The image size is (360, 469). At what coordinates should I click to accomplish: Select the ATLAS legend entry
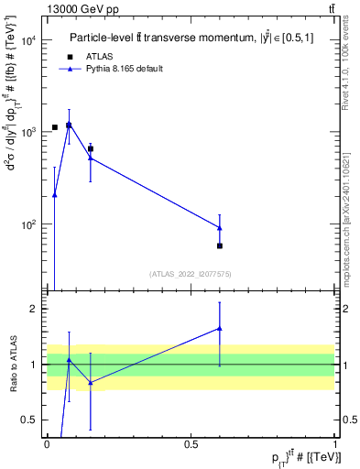102,56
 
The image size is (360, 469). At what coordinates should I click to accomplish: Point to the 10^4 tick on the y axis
31,40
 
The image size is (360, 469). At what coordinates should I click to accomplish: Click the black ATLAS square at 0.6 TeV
220,245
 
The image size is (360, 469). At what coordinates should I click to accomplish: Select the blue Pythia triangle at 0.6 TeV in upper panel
220,227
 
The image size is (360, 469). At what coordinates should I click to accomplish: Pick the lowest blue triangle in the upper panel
55,194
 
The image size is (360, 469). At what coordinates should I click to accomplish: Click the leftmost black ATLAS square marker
55,127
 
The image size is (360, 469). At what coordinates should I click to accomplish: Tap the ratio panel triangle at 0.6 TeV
220,328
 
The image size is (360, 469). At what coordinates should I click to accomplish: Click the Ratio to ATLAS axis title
12,365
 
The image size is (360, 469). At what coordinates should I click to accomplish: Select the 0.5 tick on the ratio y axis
33,420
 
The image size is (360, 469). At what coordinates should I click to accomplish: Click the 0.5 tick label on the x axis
191,443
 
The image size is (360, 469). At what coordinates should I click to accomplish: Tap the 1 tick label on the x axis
335,443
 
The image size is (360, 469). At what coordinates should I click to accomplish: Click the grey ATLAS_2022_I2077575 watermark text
191,273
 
